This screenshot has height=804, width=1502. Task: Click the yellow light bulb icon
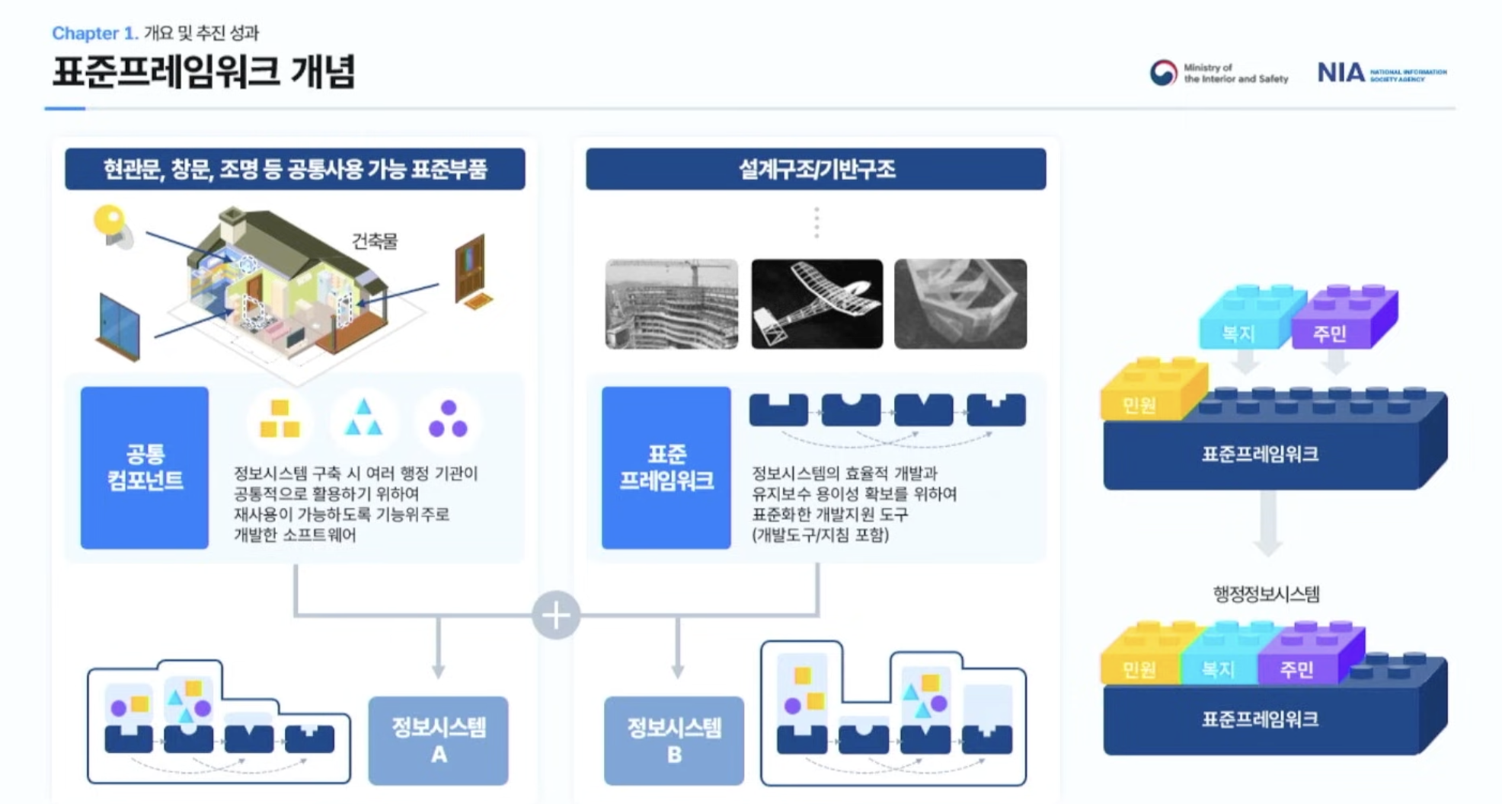(x=111, y=224)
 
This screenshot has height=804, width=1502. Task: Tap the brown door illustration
(x=470, y=268)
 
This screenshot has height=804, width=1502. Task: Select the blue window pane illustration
(x=119, y=326)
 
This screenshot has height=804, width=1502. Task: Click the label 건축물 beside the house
(x=374, y=241)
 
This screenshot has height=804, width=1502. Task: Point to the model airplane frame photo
(x=817, y=304)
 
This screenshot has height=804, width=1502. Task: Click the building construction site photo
(x=671, y=304)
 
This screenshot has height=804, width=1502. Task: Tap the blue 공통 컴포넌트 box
(x=145, y=467)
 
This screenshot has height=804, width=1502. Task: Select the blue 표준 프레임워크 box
(x=666, y=467)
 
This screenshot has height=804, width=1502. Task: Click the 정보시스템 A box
(x=438, y=740)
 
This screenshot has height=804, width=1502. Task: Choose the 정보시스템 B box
(x=673, y=740)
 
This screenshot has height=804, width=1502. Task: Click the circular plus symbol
(x=556, y=615)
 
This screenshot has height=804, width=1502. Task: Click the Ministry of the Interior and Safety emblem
(x=1163, y=73)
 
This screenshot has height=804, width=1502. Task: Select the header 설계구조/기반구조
(x=816, y=169)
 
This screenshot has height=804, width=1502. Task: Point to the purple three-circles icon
(x=448, y=419)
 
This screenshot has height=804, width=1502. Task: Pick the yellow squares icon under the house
(x=280, y=419)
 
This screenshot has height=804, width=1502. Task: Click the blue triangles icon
(x=363, y=419)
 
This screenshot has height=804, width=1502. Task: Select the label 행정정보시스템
(x=1266, y=594)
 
